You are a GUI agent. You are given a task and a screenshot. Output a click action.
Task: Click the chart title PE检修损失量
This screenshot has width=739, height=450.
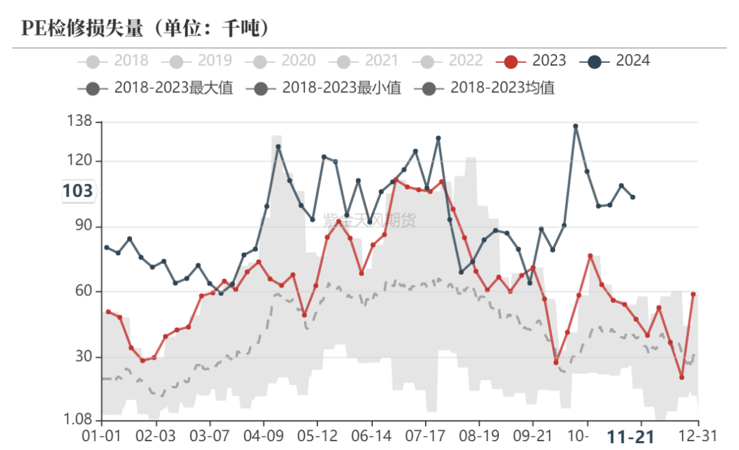(x=144, y=28)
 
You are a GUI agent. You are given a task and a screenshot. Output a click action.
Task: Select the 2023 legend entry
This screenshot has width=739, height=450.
(x=534, y=61)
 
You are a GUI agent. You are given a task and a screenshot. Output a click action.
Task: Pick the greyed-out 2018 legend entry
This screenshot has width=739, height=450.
(x=116, y=61)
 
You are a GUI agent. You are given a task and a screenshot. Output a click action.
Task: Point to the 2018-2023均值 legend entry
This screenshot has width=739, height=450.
(x=489, y=88)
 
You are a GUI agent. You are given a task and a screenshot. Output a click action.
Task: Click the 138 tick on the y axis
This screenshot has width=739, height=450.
(x=80, y=122)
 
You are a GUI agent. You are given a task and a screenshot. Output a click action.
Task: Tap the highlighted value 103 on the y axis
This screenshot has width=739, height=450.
(x=77, y=191)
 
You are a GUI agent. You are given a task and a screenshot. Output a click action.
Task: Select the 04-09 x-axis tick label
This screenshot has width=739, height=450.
(x=263, y=436)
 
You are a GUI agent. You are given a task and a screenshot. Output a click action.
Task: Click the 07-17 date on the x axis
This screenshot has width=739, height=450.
(x=426, y=436)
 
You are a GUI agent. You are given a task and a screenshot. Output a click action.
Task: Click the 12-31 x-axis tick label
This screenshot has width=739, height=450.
(x=697, y=436)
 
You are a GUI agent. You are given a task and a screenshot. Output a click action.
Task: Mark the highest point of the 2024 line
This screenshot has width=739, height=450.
(x=575, y=127)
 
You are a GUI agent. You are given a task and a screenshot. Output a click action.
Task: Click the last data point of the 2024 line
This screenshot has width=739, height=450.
(x=633, y=197)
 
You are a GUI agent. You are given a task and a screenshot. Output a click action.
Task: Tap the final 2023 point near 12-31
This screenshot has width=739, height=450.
(x=693, y=294)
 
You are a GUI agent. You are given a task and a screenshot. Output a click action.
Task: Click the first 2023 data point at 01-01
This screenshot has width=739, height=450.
(x=108, y=312)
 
